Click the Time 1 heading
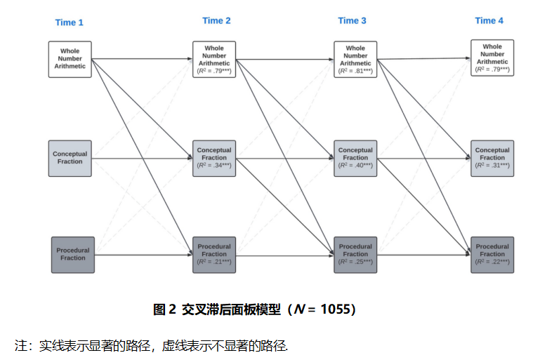click(70, 22)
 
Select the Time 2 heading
click(216, 20)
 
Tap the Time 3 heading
click(352, 20)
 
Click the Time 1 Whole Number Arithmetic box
click(70, 59)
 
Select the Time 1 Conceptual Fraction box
click(70, 158)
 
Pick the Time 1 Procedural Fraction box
click(72, 254)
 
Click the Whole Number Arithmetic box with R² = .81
click(355, 60)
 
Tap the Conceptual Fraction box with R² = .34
click(214, 158)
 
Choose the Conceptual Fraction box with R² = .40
click(355, 158)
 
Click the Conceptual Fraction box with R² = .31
click(492, 158)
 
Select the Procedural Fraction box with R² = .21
click(214, 254)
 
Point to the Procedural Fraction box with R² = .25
click(355, 254)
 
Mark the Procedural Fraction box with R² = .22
click(492, 254)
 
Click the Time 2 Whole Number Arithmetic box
click(214, 60)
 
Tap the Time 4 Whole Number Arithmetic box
click(492, 58)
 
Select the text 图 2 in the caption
click(164, 309)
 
